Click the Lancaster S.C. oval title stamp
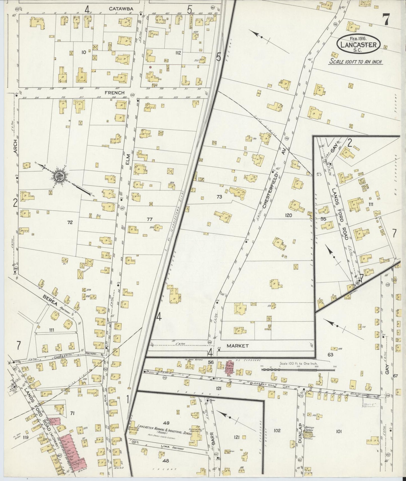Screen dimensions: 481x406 tap(359, 44)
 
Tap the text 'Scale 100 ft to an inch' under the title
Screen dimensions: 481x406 tap(356, 62)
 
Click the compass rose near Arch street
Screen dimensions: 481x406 tap(60, 176)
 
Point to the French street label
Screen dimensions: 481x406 tap(114, 92)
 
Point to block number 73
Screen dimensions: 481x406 tap(219, 197)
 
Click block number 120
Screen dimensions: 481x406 tap(288, 215)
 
